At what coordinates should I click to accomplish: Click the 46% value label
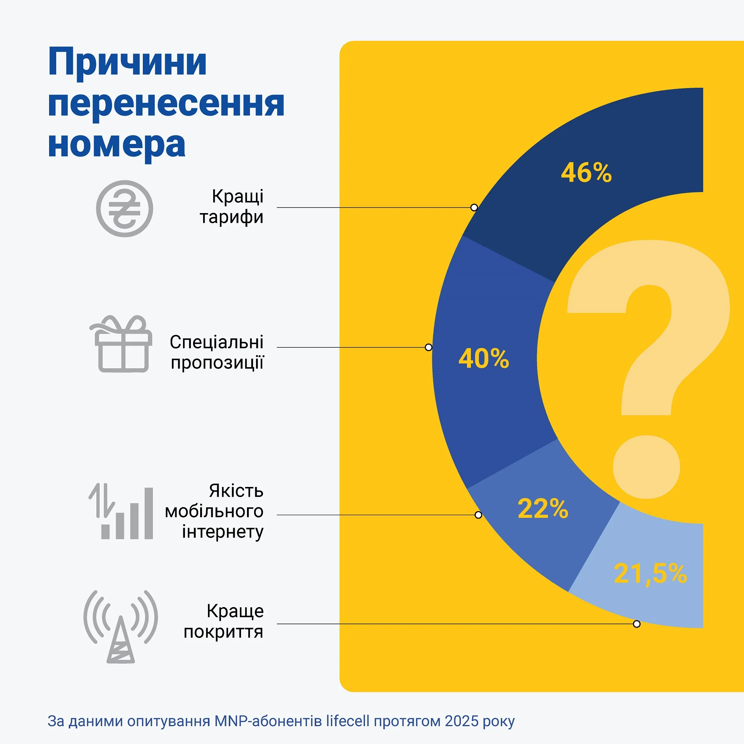pos(586,173)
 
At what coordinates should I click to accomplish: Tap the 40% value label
pos(484,359)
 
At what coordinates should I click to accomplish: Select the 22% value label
pos(543,508)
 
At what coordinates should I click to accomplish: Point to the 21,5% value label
pos(650,573)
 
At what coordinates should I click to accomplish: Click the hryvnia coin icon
pos(124,208)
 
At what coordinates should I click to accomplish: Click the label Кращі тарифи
pos(232,206)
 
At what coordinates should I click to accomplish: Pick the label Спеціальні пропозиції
pos(217,352)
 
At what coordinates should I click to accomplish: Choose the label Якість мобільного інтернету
pos(215,511)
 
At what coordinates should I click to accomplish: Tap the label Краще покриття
pos(224,621)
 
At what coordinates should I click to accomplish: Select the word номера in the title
pos(117,145)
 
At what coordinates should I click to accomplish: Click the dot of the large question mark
pos(647,467)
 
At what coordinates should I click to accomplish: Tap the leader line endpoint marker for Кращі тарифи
pos(474,208)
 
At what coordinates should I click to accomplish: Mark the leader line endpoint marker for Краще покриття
pos(636,624)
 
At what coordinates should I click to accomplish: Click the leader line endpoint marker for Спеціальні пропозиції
pos(428,347)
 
